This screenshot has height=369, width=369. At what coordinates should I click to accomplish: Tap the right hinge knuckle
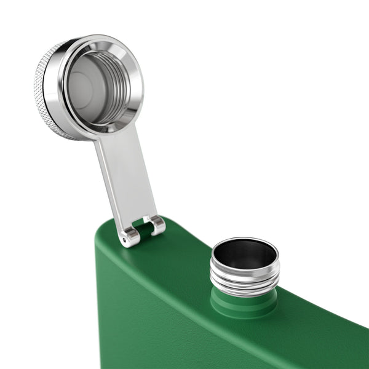[x=157, y=224]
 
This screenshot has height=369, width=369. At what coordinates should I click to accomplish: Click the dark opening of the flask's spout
[x=245, y=253]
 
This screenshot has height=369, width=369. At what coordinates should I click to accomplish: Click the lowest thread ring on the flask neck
[x=244, y=285]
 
